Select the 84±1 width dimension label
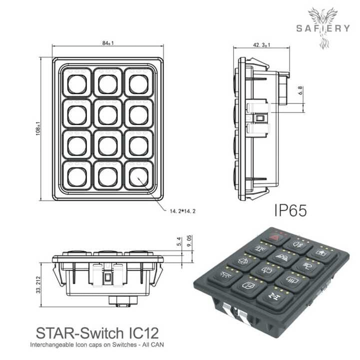[108, 43]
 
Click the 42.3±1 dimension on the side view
[262, 45]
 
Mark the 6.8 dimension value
[300, 90]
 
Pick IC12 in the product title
[141, 332]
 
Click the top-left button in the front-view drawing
[77, 83]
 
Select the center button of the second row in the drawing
[107, 114]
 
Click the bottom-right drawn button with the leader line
[138, 175]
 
